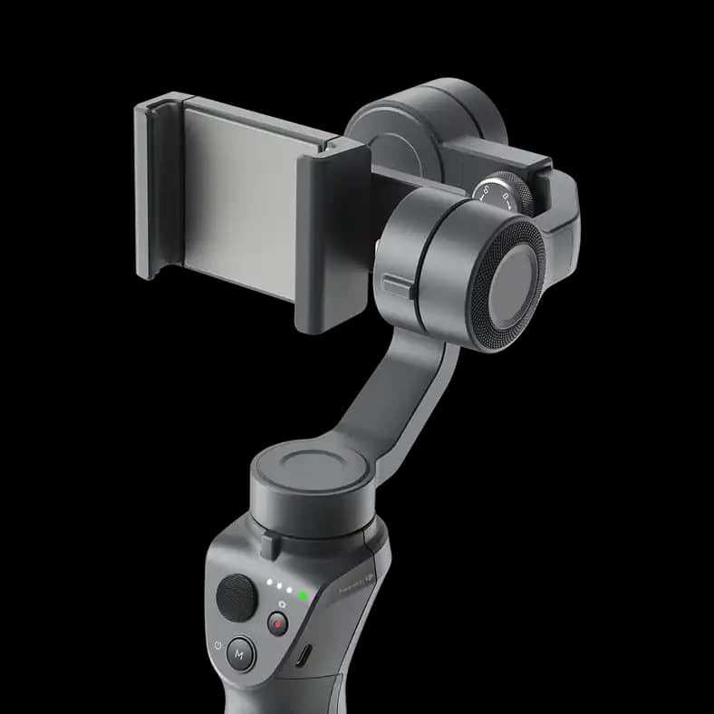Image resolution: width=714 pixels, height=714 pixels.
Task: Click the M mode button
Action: [x=240, y=652]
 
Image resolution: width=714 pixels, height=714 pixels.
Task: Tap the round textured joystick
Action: [x=236, y=597]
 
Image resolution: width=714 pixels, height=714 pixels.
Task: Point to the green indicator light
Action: [x=302, y=596]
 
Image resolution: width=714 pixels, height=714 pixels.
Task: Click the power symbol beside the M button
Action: [x=217, y=646]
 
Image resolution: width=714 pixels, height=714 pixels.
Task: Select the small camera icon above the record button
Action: [x=282, y=603]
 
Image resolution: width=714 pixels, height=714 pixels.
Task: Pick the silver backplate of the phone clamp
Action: [x=240, y=199]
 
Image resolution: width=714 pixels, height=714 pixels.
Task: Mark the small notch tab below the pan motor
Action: [x=269, y=546]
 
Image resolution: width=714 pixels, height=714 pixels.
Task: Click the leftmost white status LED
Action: [x=269, y=584]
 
